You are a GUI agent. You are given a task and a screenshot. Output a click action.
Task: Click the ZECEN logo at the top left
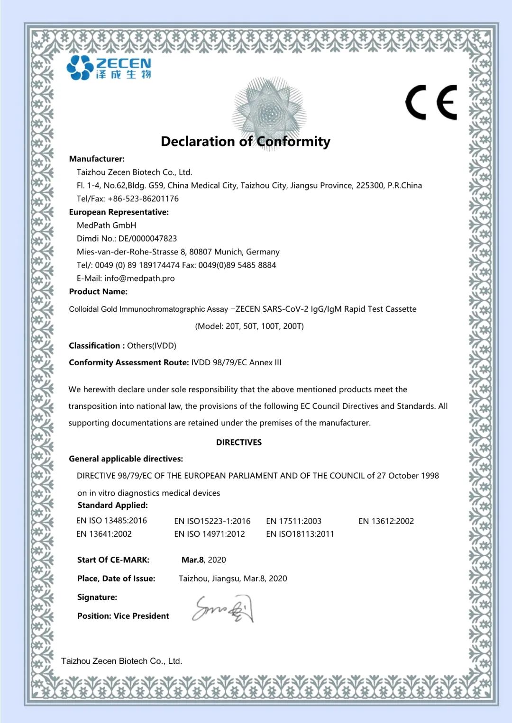(109, 67)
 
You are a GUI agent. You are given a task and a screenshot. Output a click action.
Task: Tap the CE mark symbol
(431, 102)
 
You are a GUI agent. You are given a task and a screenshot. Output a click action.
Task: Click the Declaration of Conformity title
(246, 141)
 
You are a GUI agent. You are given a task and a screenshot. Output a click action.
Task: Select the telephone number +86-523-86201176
(143, 199)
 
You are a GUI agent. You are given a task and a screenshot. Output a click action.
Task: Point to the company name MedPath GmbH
(106, 225)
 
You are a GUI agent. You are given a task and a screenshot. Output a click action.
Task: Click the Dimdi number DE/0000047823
(147, 238)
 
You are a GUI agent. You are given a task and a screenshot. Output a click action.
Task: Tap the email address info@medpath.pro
(139, 278)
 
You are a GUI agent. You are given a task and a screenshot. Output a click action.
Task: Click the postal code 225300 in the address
(370, 185)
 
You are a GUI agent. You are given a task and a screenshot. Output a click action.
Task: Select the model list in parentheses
(249, 326)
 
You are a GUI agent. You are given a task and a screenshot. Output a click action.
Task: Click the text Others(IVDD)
(152, 345)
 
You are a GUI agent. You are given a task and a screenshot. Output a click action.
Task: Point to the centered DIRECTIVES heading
(239, 442)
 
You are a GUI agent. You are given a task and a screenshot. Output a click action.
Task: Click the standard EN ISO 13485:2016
(111, 520)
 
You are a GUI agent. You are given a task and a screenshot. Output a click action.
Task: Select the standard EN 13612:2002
(386, 521)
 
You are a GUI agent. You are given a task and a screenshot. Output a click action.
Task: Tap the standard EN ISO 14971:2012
(210, 534)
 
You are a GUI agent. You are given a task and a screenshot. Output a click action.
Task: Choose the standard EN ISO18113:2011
(300, 534)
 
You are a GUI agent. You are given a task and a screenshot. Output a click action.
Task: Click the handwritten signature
(223, 609)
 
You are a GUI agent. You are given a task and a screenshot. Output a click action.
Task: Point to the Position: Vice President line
(123, 616)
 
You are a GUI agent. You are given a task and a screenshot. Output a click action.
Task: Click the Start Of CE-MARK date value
(204, 560)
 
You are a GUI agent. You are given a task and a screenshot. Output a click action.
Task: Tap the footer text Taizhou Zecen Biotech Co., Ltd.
(122, 661)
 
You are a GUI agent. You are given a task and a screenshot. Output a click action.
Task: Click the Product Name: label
(98, 291)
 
